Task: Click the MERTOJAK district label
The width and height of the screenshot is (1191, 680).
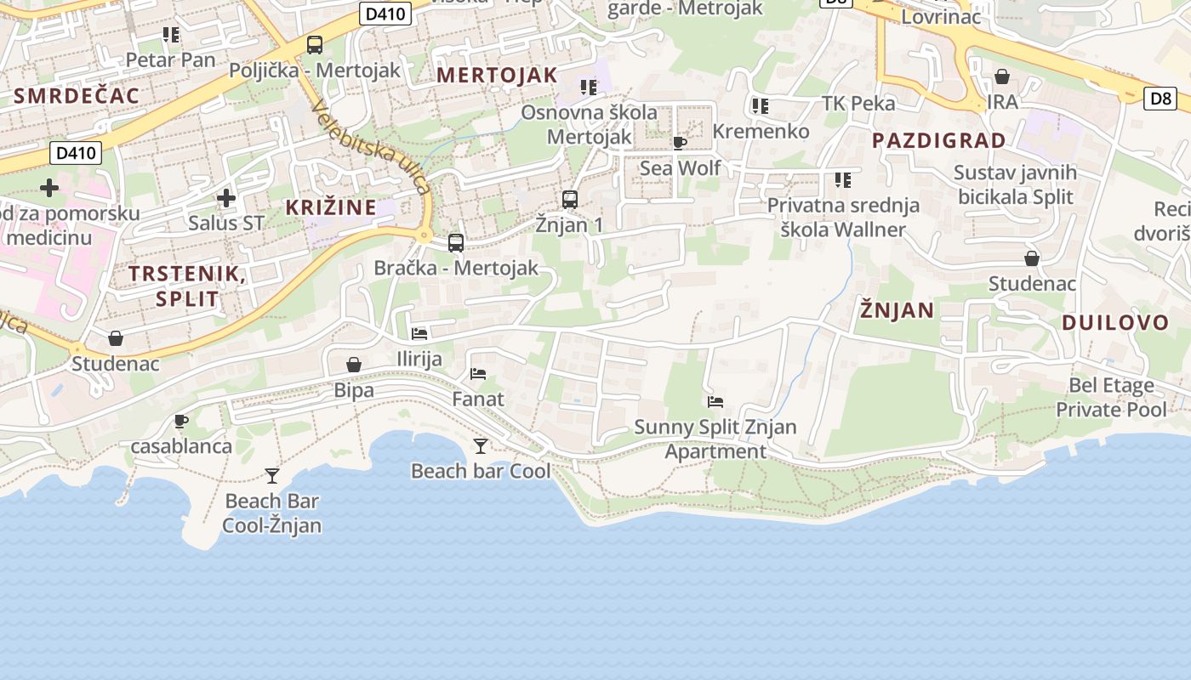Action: click(x=497, y=75)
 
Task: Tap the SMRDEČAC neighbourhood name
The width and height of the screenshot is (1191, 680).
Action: click(x=77, y=95)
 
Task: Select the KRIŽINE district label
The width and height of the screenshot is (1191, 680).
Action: click(x=331, y=207)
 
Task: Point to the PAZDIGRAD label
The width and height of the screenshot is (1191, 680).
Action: click(x=939, y=140)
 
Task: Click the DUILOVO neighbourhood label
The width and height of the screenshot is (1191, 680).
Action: click(x=1115, y=322)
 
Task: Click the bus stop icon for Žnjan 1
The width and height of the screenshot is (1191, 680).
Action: click(x=570, y=200)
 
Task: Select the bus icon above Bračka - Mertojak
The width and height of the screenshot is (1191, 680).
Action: click(x=456, y=243)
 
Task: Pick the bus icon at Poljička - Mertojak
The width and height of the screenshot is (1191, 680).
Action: click(x=315, y=45)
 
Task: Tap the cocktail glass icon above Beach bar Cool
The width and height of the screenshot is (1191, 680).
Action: click(x=481, y=445)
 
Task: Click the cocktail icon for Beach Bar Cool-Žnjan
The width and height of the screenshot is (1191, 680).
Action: click(x=272, y=475)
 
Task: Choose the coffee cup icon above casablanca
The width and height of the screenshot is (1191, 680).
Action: click(x=180, y=421)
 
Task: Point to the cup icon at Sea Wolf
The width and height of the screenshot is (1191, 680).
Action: click(x=679, y=143)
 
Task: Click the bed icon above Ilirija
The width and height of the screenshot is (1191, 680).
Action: click(x=419, y=333)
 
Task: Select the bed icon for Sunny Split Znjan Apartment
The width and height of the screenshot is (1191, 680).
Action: click(x=715, y=401)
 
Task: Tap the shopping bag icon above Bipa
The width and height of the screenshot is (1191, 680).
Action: click(x=354, y=365)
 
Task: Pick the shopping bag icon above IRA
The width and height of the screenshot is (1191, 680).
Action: click(x=1002, y=76)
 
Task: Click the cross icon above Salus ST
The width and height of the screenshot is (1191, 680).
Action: click(x=226, y=198)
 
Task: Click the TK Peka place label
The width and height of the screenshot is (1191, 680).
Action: click(x=858, y=103)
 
